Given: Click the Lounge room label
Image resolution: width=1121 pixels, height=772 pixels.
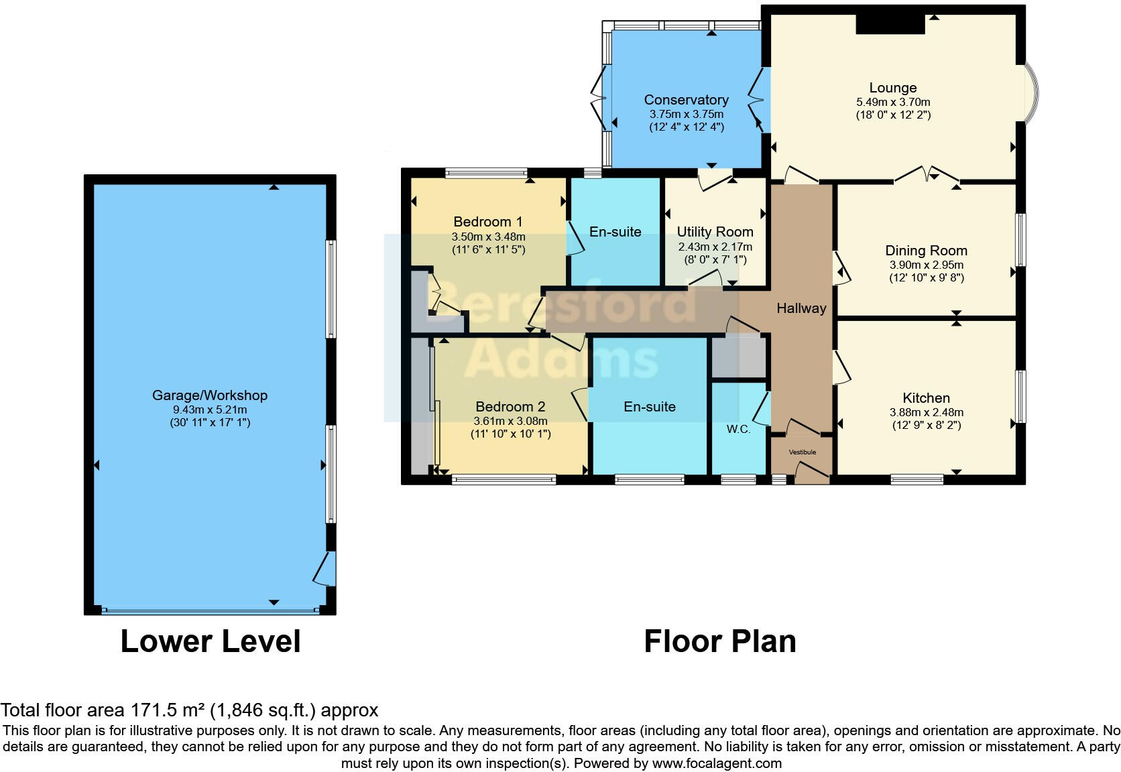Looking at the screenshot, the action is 893,88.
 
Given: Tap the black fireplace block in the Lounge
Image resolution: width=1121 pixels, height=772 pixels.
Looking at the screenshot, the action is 890,23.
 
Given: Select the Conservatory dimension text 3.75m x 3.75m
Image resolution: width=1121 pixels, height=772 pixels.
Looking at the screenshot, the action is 686,114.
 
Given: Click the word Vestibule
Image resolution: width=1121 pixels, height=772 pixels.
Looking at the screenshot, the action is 803,452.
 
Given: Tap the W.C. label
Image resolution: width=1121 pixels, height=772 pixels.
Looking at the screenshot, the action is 738,430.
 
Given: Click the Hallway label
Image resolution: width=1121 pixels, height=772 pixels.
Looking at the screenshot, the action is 801,308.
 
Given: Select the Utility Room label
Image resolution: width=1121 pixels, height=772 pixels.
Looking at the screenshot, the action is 715,232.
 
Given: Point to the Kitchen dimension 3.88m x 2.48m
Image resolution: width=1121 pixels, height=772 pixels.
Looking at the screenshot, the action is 927,412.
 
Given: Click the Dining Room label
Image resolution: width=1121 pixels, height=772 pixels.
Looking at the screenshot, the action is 927,251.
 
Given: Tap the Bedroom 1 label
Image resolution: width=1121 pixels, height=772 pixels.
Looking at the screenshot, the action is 488,222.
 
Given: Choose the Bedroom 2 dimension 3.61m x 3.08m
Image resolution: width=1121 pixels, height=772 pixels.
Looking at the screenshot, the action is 510,422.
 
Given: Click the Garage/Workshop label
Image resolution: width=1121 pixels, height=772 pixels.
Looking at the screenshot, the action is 210,395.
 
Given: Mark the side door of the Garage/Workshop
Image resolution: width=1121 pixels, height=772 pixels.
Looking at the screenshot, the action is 325,569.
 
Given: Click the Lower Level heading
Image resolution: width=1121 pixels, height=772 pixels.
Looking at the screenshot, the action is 211,641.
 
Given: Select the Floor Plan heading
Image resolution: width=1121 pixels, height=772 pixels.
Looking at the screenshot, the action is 719,641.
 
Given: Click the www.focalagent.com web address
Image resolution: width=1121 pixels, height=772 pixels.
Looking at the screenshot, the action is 717,763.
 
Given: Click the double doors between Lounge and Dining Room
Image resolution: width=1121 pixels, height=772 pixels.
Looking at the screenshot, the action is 927,174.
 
